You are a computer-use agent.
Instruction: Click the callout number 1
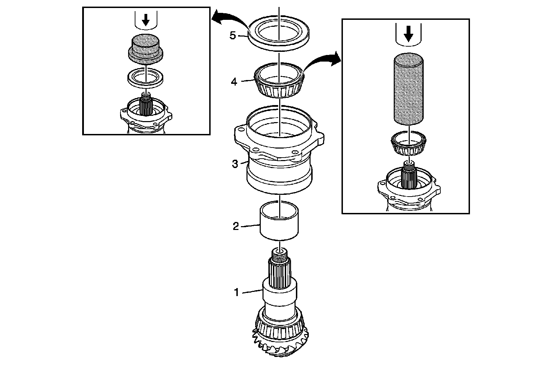(236, 293)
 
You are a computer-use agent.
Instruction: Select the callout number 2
(236, 226)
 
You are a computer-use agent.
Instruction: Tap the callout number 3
(235, 164)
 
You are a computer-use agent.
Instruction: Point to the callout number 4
(234, 82)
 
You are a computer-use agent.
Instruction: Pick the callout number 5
(233, 35)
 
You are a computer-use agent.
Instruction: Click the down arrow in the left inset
(146, 21)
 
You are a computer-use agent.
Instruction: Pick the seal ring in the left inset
(145, 78)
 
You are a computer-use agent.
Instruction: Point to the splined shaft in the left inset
(146, 106)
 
